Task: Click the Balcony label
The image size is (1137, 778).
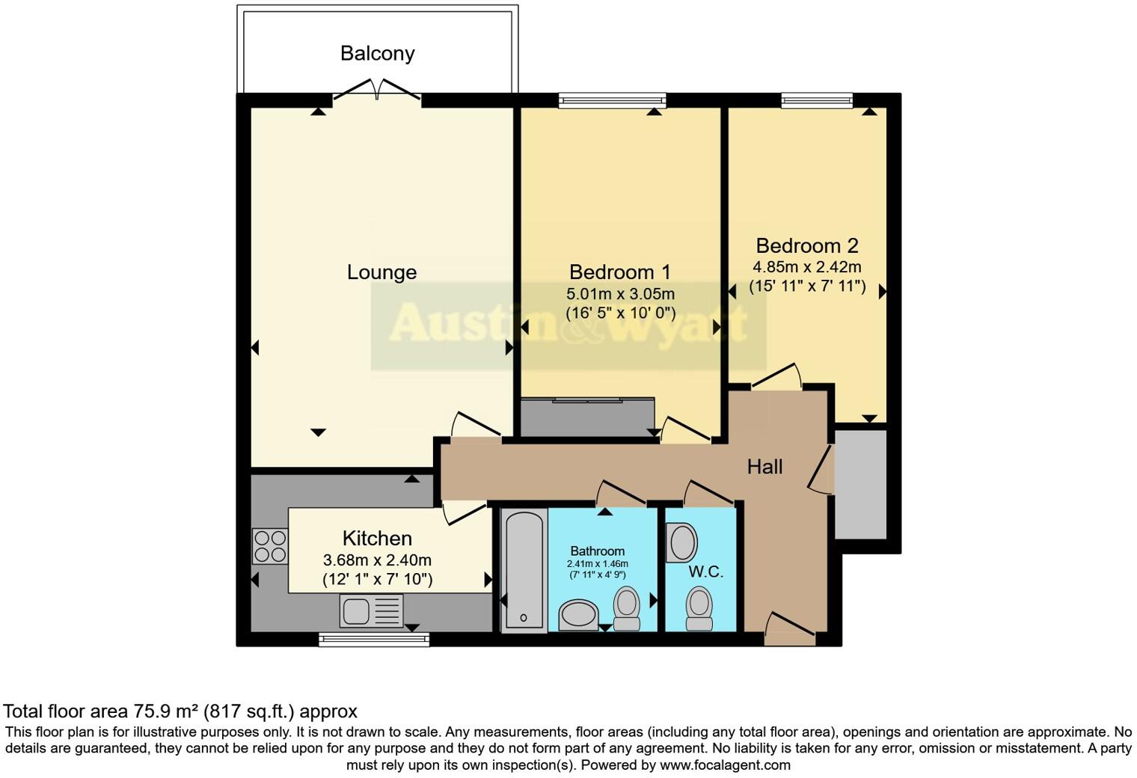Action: [x=377, y=53]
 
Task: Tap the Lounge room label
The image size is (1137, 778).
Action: [x=381, y=272]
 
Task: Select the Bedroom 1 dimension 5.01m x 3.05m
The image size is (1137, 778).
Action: [x=620, y=293]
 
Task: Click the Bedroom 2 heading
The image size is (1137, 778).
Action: [x=806, y=245]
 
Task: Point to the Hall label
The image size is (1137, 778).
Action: [x=764, y=467]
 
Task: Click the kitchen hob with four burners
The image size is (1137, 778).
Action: [x=270, y=546]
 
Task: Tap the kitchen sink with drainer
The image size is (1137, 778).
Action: [x=371, y=610]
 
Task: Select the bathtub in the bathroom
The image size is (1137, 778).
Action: [x=523, y=570]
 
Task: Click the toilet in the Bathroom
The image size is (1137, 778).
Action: [x=627, y=608]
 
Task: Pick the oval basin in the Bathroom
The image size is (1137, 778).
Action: [x=577, y=614]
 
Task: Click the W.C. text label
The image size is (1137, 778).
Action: [x=705, y=572]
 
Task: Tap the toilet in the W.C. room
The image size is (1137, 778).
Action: [x=699, y=608]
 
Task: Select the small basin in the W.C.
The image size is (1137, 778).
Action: [x=681, y=543]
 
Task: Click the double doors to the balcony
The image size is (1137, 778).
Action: [x=377, y=91]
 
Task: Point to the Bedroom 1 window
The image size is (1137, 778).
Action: [x=612, y=100]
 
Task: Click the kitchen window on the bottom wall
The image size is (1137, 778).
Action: [x=373, y=640]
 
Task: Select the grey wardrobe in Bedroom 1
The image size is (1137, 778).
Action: [x=587, y=417]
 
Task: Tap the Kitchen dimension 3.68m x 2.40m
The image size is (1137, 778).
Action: [x=377, y=560]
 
